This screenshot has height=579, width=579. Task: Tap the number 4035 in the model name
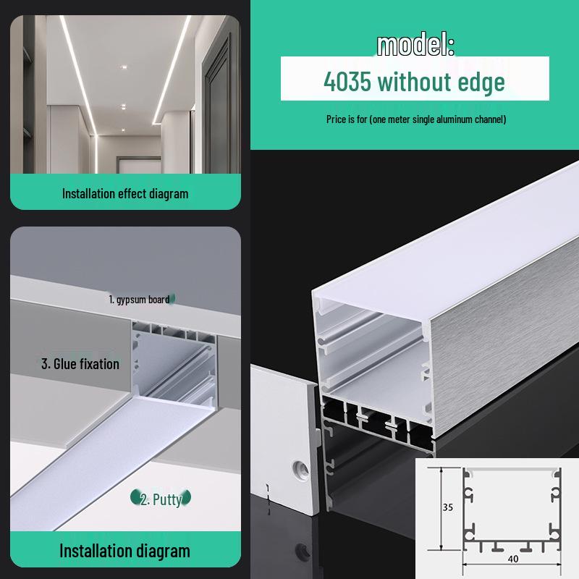coord(347,81)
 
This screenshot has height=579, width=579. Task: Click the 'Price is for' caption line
coord(415,119)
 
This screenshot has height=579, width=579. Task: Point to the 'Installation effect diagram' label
coord(125,193)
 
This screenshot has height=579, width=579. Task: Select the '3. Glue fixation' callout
coord(80,363)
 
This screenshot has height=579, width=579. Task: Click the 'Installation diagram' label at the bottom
coord(124,551)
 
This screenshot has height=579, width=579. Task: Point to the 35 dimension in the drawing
coord(447,507)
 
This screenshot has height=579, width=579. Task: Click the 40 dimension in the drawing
coord(512,558)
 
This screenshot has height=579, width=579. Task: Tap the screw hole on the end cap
coord(297,467)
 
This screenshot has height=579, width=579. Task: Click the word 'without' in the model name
coord(413,81)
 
